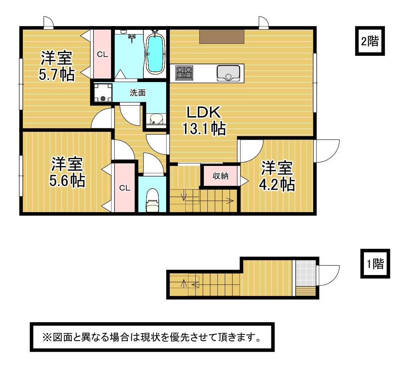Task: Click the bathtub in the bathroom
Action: coord(155,54)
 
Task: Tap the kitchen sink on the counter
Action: coord(228,73)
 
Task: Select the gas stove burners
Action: coord(184,73)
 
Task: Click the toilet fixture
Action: coord(152,200)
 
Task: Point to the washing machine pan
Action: coord(103,92)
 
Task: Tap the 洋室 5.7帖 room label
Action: coord(57,66)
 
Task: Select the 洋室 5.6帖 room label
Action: coord(67,172)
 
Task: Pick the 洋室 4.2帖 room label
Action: coord(277,176)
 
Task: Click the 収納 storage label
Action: coord(220,176)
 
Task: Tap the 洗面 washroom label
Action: coord(138,92)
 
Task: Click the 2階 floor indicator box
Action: coord(370,41)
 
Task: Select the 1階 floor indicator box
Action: coord(375,264)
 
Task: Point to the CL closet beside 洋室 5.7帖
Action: coord(102,54)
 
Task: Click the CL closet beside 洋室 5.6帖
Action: coord(125,188)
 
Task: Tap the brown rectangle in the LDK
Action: coord(222,37)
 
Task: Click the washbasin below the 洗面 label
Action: coord(156,120)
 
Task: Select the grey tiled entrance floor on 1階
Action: coord(306,273)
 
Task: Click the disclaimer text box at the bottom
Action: coord(152,337)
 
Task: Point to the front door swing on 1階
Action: coord(328,275)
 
